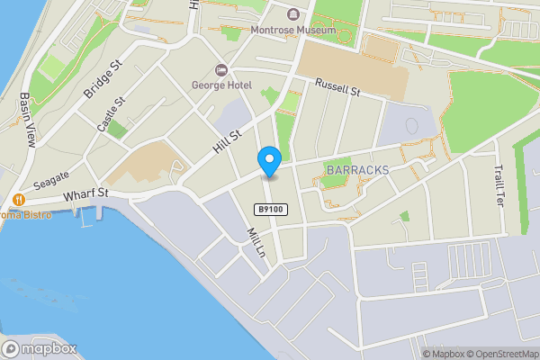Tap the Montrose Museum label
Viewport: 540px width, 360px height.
click(x=293, y=30)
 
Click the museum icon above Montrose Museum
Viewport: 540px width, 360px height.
click(x=293, y=14)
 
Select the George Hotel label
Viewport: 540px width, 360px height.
click(x=220, y=85)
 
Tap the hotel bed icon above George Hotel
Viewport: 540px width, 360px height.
click(x=220, y=70)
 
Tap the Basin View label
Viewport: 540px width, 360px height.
click(x=27, y=122)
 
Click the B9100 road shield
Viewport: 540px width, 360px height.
click(x=266, y=208)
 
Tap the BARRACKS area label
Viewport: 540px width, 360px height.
click(x=357, y=169)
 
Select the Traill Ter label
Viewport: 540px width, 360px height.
click(x=498, y=184)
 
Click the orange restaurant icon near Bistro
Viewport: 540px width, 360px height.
click(x=17, y=199)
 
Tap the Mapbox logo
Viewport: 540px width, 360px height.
click(x=39, y=348)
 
